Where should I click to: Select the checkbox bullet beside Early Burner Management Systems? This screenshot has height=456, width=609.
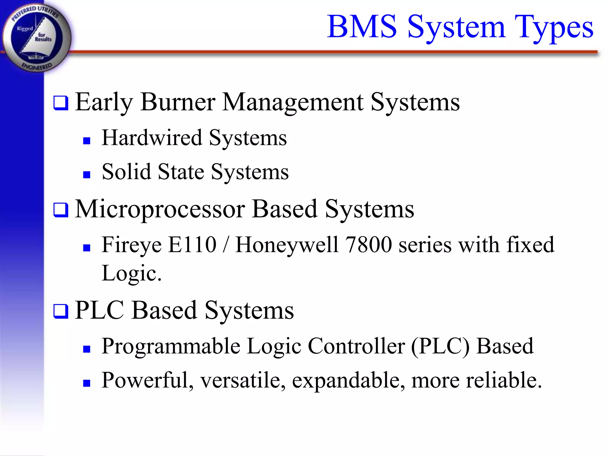click(x=61, y=103)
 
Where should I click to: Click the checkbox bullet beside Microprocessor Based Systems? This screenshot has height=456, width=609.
click(x=61, y=210)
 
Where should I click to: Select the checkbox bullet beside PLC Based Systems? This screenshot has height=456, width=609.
click(x=61, y=311)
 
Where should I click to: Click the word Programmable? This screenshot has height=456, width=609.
click(x=171, y=347)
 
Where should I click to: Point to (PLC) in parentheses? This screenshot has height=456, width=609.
click(x=440, y=347)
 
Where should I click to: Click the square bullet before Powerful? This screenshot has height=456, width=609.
click(x=87, y=383)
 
